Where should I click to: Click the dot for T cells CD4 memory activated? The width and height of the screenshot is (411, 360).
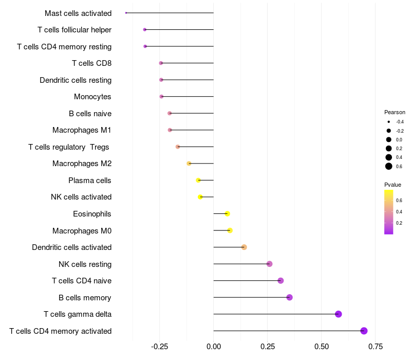(364, 331)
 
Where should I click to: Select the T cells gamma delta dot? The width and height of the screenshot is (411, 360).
(338, 314)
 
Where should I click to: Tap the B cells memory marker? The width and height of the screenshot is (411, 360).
(289, 297)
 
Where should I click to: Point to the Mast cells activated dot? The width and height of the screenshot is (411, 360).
(126, 13)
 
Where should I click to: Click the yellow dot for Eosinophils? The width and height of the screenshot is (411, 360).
(228, 213)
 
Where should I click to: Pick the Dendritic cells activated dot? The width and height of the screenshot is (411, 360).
(244, 247)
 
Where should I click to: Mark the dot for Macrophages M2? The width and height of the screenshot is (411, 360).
(189, 164)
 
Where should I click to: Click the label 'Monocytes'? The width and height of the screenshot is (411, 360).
(92, 97)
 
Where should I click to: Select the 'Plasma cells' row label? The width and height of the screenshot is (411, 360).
(90, 181)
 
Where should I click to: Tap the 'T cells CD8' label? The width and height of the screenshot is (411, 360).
(91, 63)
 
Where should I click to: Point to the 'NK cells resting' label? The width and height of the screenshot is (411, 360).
(85, 264)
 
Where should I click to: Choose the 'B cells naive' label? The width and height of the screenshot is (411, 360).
(90, 114)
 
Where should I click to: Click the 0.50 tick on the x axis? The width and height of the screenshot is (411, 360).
(321, 347)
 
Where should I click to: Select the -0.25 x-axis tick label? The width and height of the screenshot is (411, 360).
(159, 347)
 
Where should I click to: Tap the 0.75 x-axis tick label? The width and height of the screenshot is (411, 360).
(375, 347)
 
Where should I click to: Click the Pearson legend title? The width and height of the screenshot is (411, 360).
(395, 112)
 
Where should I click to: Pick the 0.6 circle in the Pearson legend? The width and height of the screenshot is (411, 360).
(389, 166)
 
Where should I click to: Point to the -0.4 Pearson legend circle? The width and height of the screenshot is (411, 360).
(389, 122)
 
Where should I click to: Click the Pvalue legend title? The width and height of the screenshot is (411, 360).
(393, 185)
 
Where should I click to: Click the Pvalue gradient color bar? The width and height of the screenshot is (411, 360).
(389, 212)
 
